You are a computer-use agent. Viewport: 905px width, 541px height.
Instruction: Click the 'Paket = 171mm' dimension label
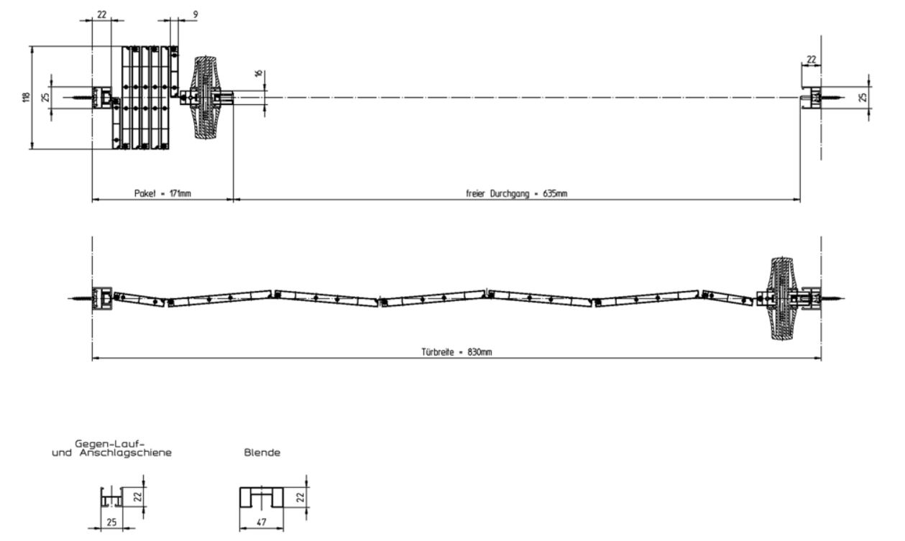point(162,193)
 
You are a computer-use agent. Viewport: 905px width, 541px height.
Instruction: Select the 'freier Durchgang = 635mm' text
point(516,193)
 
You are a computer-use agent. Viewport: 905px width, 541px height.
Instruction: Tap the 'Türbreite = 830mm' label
point(456,352)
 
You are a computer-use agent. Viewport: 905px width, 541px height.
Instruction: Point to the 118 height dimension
point(27,97)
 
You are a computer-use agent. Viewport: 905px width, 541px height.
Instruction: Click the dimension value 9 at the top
point(196,14)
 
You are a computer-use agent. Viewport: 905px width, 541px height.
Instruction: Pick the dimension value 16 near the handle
point(259,73)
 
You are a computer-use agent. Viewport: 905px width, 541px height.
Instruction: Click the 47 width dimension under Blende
point(262,522)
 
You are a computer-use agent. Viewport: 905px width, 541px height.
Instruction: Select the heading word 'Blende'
point(262,453)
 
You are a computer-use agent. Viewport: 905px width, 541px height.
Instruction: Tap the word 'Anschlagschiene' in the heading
point(126,453)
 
